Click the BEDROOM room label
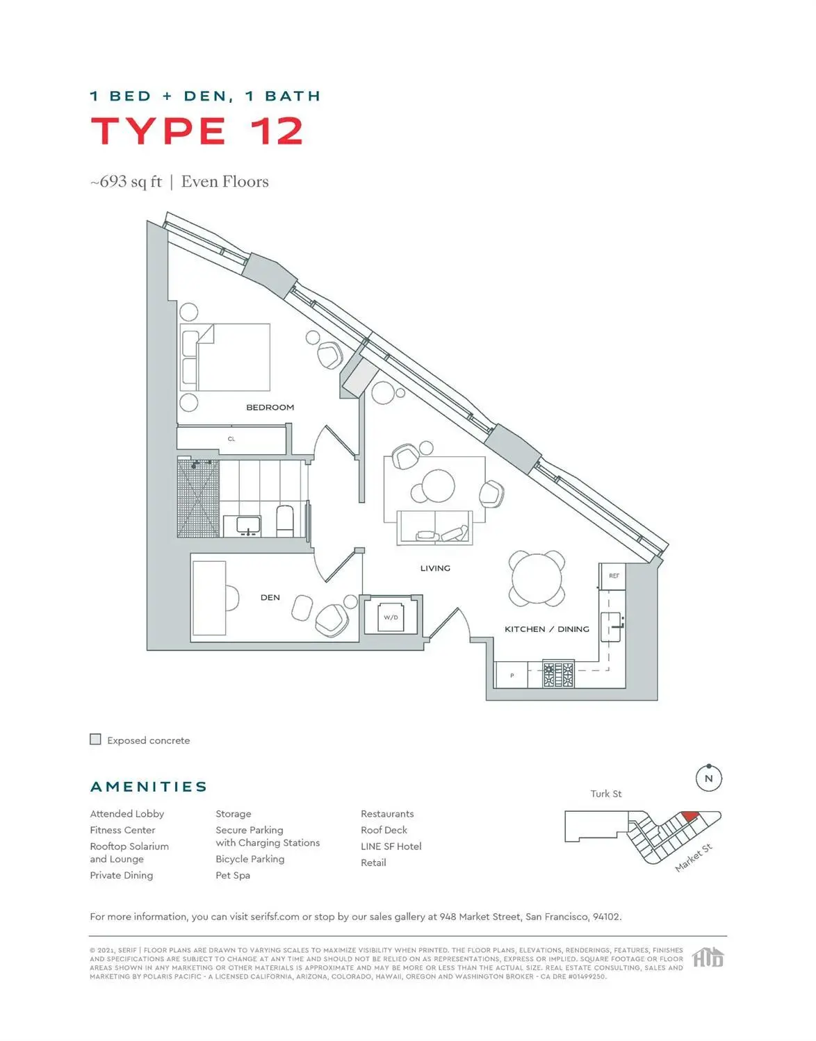pos(270,407)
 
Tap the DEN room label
pos(270,597)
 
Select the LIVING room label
pos(435,568)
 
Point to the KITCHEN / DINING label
pos(546,629)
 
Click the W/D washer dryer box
pos(391,617)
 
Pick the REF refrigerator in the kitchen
pos(614,576)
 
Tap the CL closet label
pos(231,439)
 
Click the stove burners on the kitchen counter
pos(558,674)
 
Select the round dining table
pos(537,578)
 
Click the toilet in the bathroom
pos(285,521)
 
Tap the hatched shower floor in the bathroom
pos(198,499)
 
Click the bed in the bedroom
pos(226,357)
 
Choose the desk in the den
pos(209,598)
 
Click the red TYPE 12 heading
pos(197,131)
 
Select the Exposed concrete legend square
pos(96,740)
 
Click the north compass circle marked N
pos(708,778)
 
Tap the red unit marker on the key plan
pos(689,816)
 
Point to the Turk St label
pos(606,794)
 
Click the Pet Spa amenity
pos(233,875)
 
